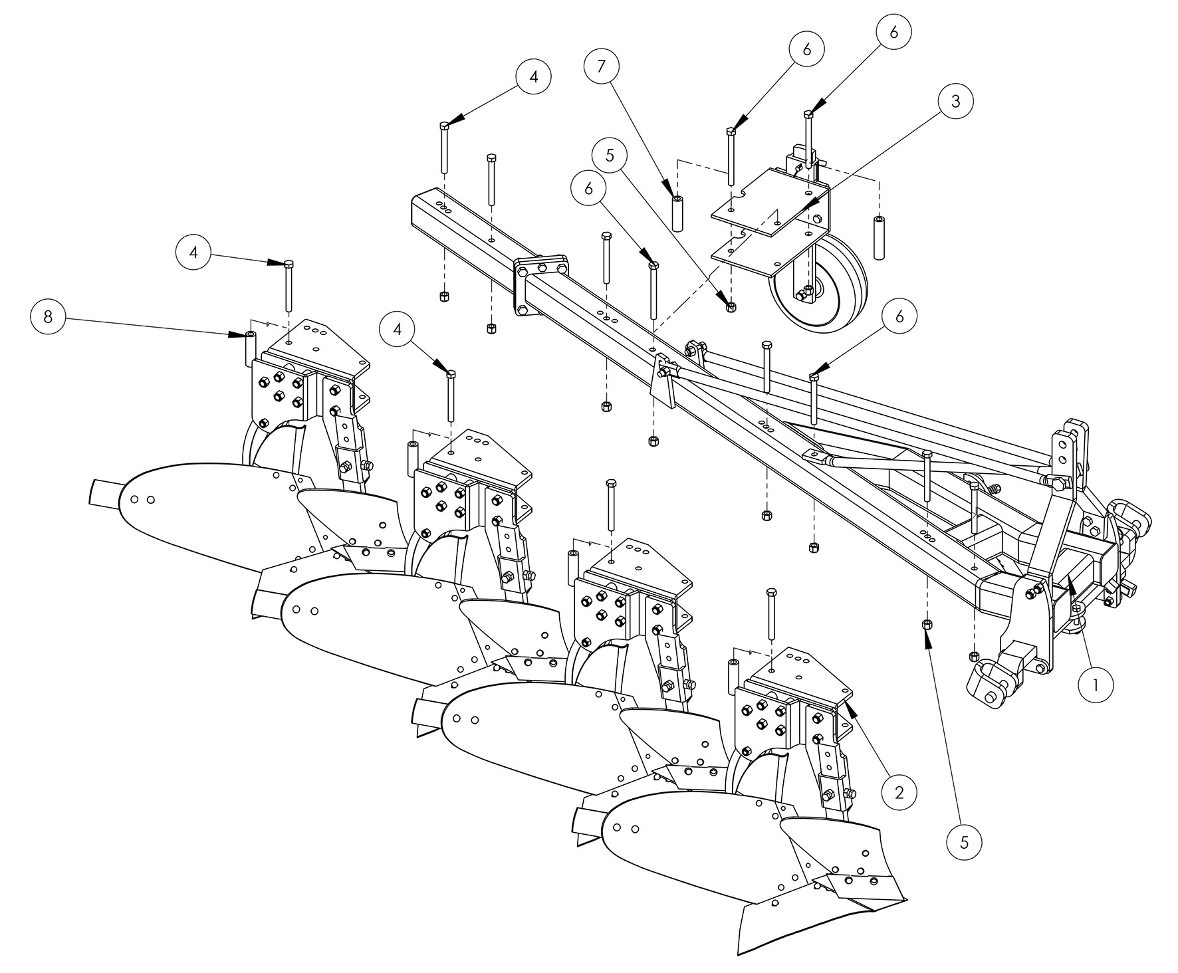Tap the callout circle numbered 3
click(x=956, y=102)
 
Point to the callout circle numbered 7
click(x=601, y=67)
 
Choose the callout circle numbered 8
click(x=49, y=316)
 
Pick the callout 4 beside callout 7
click(x=534, y=76)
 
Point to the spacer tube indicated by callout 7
click(x=677, y=213)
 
